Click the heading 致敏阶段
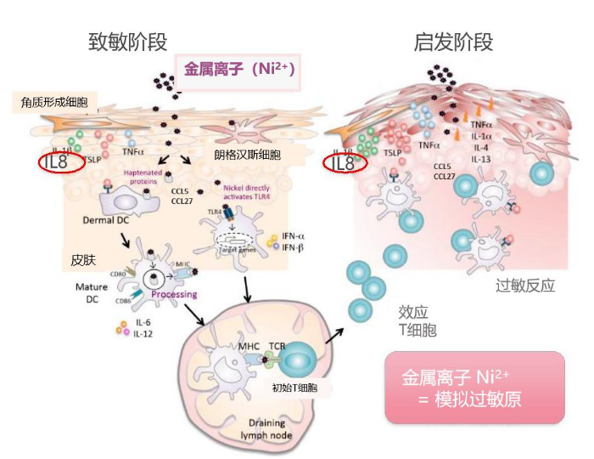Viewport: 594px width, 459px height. (127, 42)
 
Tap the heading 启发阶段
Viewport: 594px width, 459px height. (453, 42)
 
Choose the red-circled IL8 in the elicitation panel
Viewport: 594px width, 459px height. (344, 161)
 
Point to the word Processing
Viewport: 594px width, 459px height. (174, 294)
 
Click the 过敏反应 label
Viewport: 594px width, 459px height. (525, 286)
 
